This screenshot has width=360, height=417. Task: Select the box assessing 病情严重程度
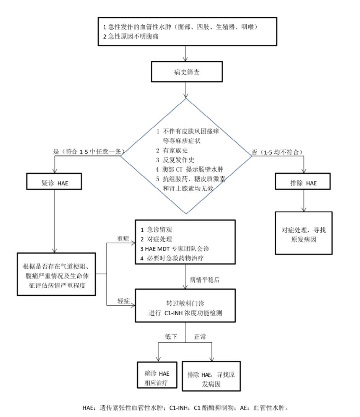pyautogui.click(x=55, y=274)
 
